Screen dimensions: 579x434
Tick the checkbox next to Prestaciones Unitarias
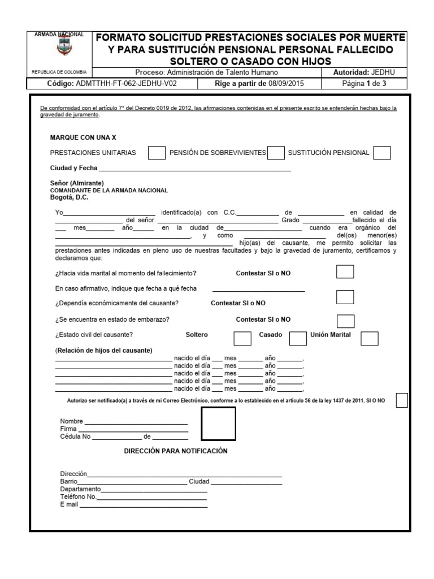(x=157, y=153)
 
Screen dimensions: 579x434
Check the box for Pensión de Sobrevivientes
(x=276, y=153)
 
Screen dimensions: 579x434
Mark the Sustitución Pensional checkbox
(x=382, y=153)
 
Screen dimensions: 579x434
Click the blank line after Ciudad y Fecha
(x=195, y=168)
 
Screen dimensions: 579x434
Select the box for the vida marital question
(x=345, y=272)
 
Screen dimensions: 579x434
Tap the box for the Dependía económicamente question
(x=345, y=297)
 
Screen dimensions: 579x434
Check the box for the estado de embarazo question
(x=345, y=321)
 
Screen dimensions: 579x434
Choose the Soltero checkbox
(x=242, y=338)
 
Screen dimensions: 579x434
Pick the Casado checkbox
(x=298, y=338)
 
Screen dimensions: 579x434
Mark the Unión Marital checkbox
(x=370, y=338)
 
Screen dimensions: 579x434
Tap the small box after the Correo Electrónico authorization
(x=402, y=400)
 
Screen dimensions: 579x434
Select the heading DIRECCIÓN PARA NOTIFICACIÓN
(x=175, y=451)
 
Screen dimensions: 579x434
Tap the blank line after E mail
(x=144, y=505)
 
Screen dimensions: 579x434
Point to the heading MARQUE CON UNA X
(x=83, y=137)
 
